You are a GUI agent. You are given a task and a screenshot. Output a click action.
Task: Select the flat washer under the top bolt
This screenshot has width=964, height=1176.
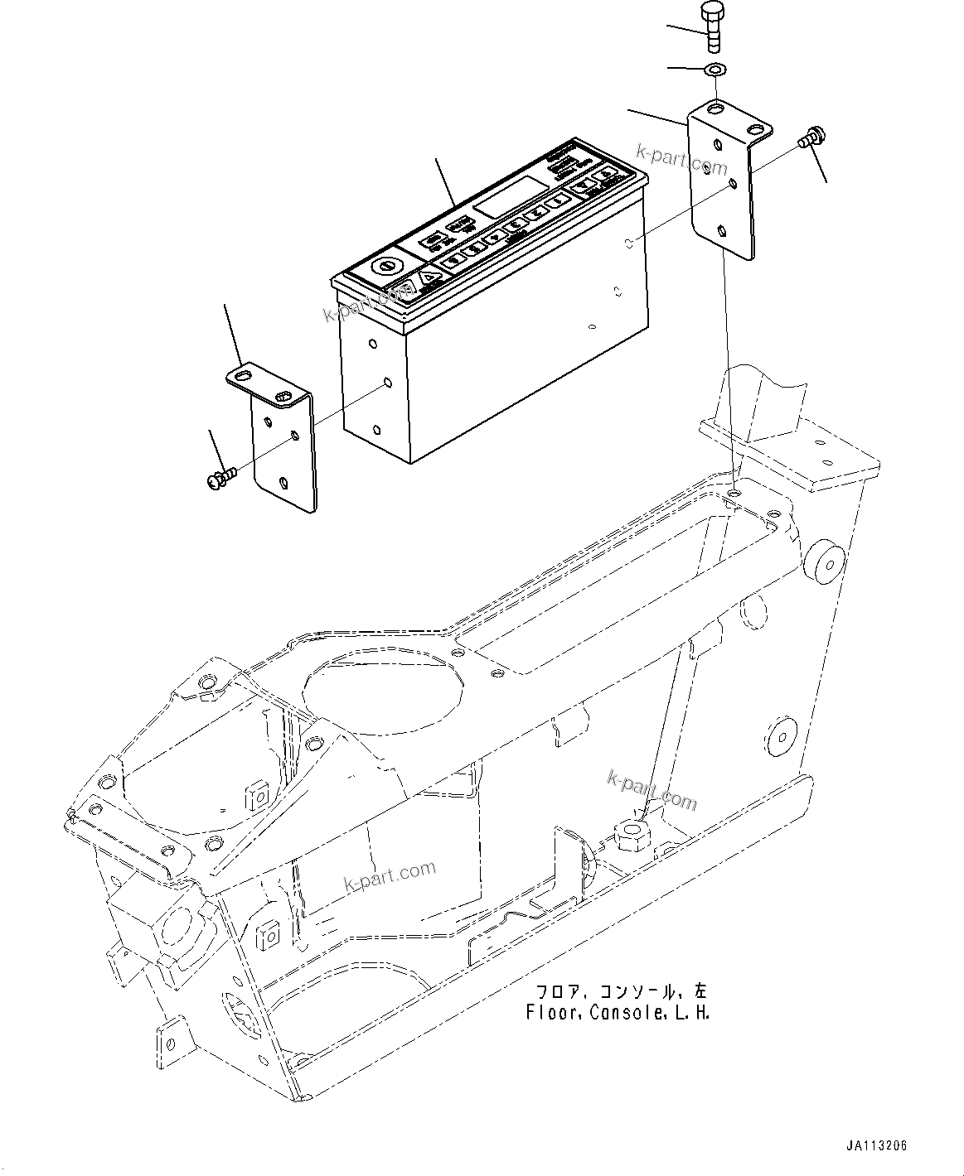715,70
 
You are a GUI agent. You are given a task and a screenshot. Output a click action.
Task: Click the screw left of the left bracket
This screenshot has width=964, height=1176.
219,476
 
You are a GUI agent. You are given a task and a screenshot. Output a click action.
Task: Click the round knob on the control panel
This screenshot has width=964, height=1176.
383,267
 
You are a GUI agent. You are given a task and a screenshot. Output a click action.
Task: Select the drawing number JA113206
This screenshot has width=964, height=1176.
876,1146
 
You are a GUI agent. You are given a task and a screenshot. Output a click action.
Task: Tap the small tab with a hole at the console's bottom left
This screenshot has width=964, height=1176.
169,1036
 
